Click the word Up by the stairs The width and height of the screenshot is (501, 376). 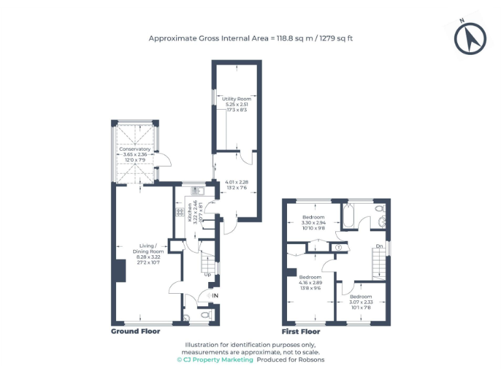click(x=208, y=274)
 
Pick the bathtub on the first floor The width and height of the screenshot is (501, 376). click(x=348, y=216)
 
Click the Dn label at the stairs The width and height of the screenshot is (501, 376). click(x=380, y=246)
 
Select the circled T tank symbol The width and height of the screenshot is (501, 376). click(x=339, y=247)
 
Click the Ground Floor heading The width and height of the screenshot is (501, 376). click(x=135, y=332)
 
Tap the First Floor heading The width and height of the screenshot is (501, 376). click(x=301, y=332)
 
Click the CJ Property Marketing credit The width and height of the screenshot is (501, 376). click(x=215, y=360)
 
